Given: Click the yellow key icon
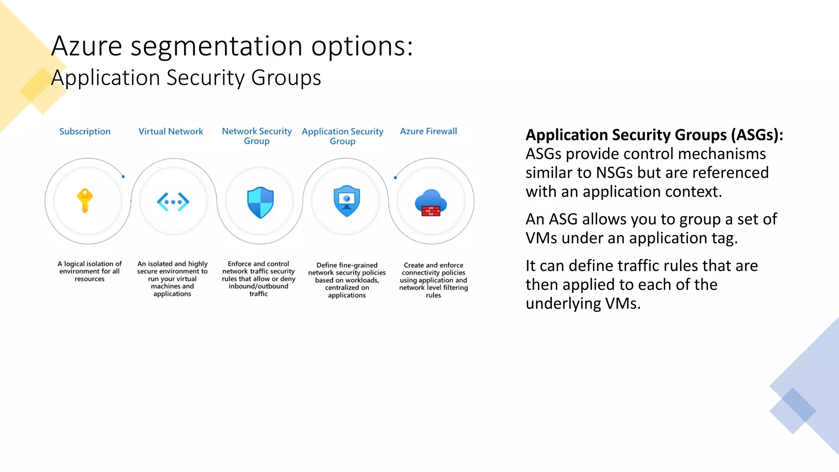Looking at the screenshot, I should point(85,201).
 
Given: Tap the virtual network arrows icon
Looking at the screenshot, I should point(173,202).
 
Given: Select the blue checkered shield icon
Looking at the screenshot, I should point(260,202).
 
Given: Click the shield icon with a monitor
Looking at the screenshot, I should point(347,201).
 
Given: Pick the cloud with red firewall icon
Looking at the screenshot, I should point(430,203).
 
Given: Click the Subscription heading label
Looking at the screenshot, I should point(85,132).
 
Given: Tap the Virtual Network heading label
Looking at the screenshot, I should point(171,132).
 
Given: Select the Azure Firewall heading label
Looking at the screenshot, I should point(429,131).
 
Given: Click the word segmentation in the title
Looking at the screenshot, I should point(216,46).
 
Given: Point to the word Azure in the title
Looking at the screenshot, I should point(86,46).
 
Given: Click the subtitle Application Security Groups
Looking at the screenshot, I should point(186,78).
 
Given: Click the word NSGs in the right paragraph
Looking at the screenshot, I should point(615,172).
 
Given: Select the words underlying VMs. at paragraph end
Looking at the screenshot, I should point(583,304).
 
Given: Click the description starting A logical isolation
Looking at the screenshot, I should point(89,271).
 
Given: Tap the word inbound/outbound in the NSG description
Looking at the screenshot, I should point(259,286).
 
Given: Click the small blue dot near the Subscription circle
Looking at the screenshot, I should point(123,177).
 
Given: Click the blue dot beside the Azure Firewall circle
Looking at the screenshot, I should point(395,177).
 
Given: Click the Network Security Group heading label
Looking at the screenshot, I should point(257,136).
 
